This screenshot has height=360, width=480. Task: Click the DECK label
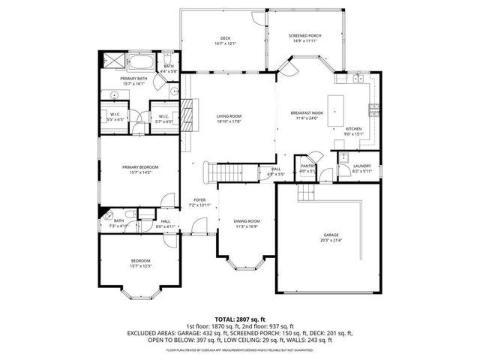pyautogui.click(x=225, y=38)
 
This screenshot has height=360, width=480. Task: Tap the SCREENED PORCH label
pyautogui.click(x=304, y=36)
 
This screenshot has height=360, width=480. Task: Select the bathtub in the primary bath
pyautogui.click(x=142, y=61)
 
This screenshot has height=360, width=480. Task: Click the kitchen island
pyautogui.click(x=335, y=110)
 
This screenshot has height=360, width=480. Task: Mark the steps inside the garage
pyautogui.click(x=305, y=193)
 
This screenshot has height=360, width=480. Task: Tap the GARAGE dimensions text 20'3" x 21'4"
pyautogui.click(x=331, y=240)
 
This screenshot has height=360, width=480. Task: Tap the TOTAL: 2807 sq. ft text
pyautogui.click(x=240, y=319)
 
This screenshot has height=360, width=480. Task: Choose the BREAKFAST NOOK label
pyautogui.click(x=306, y=112)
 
